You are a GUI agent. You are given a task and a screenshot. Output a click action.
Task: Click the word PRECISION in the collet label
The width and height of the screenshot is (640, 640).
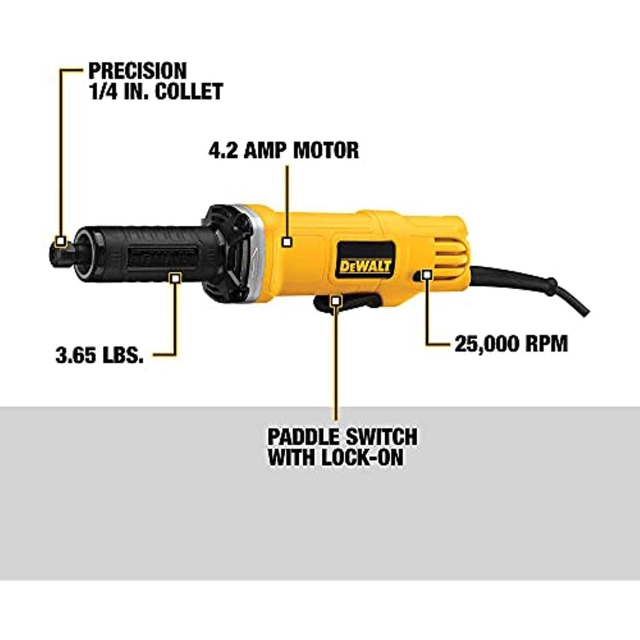coord(137,70)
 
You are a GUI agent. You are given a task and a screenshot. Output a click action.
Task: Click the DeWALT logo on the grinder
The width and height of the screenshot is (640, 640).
coord(365,266)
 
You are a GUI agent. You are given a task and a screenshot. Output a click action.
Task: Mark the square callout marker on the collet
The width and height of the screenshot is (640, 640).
coord(61,241)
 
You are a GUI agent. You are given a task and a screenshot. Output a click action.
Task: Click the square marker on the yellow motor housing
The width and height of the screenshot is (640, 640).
coord(287,242)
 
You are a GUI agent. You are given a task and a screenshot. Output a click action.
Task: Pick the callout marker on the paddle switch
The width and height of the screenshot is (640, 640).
coord(336,301)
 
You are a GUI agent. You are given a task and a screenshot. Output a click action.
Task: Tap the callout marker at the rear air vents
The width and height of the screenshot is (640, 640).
coord(426,274)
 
